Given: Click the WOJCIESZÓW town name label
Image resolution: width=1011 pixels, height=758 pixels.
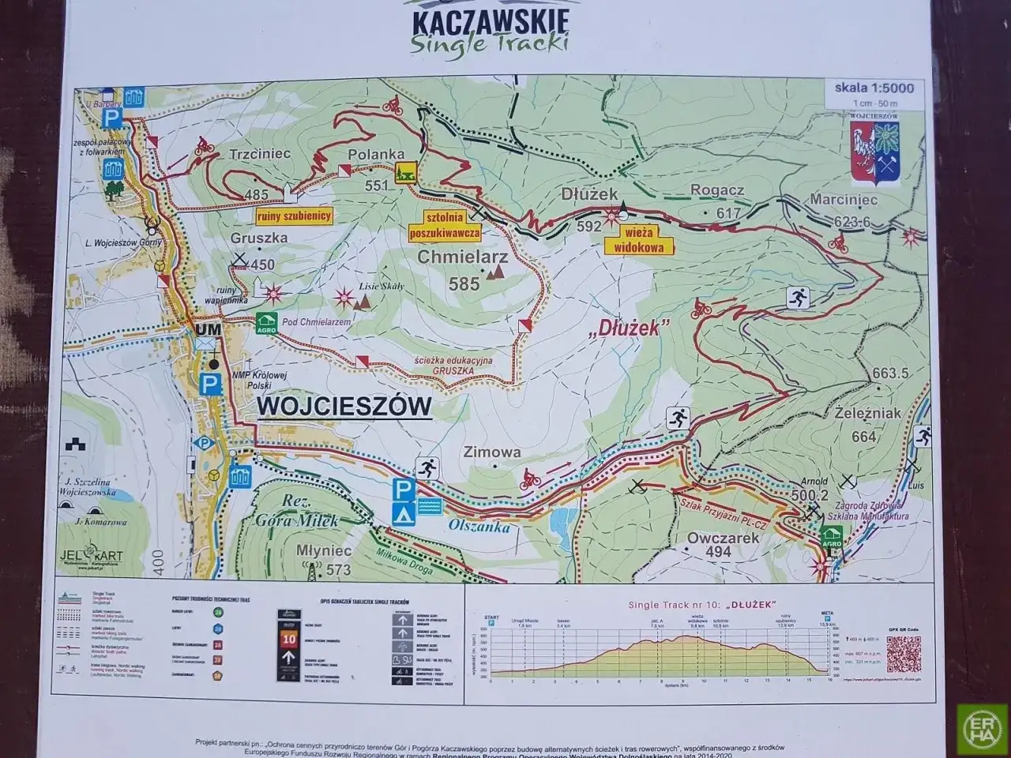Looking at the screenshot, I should point(345,407).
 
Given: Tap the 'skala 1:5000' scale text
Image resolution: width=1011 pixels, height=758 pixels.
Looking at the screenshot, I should point(874,88).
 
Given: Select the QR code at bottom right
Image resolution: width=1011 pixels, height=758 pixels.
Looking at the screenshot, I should point(904,653).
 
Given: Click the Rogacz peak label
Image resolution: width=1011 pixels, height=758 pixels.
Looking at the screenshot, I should point(717,189).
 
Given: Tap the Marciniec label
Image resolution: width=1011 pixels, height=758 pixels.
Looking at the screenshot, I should point(844,201).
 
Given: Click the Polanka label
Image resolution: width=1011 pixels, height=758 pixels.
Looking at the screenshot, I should point(375,155).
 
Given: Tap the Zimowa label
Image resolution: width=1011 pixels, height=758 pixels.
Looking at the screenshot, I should point(492,452).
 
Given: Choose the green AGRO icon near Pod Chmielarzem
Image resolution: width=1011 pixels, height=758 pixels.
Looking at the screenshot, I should point(266,323).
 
